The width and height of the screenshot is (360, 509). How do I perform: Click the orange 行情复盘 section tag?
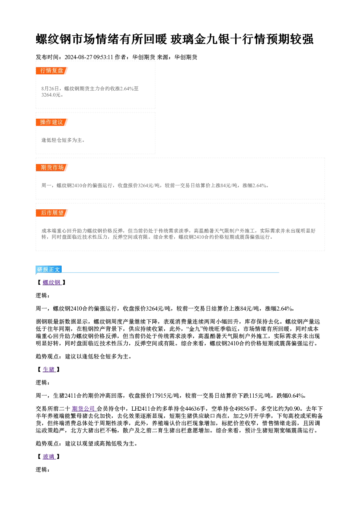click(x=52, y=71)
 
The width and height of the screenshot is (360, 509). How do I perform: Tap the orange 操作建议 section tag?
click(x=52, y=122)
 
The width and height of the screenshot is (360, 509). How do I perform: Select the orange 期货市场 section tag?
click(x=52, y=168)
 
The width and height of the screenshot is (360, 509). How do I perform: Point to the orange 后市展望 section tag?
click(x=52, y=213)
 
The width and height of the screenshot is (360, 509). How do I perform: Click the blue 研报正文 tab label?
click(x=49, y=270)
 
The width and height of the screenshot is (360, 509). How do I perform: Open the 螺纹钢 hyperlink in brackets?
click(x=52, y=283)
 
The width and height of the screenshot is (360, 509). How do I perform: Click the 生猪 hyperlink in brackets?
click(x=49, y=369)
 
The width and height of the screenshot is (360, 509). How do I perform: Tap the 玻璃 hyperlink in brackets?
click(x=49, y=456)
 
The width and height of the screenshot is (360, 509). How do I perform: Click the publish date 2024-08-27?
click(x=78, y=57)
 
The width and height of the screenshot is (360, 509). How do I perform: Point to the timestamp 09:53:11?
click(x=103, y=57)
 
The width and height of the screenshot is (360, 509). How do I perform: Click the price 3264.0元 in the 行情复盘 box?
click(x=51, y=95)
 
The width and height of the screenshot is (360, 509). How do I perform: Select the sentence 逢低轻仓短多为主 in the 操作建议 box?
click(x=62, y=140)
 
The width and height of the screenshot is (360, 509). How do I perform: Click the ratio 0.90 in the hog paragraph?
click(x=295, y=409)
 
